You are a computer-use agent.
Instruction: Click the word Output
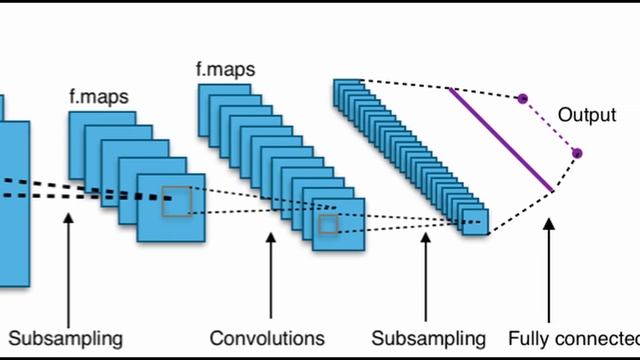pos(586,115)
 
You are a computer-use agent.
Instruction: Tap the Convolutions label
pos(267,337)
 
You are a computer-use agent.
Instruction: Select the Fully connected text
pos(572,337)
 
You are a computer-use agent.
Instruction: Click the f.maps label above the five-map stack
pos(97,97)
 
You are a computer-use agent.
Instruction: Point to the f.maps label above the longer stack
pos(225,70)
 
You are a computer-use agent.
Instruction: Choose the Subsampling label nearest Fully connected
pos(428,337)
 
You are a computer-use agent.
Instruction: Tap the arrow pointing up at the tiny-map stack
pos(426,275)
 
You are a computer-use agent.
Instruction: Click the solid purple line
pos(500,139)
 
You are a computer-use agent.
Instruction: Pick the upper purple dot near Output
pos(522,99)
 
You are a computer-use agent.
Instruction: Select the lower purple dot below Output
pos(577,153)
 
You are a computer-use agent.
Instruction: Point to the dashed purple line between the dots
pos(549,126)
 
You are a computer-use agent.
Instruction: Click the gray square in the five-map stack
pos(176,200)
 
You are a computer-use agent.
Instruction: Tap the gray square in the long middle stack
pos(328,225)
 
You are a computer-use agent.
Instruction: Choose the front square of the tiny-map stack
pos(475,221)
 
